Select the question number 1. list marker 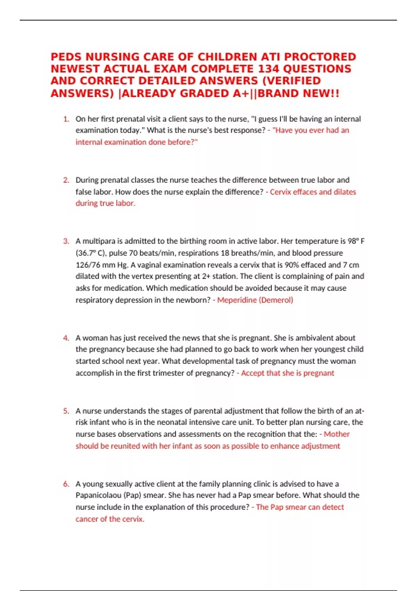click(66, 119)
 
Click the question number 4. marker click(66, 338)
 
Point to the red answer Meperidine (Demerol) click(255, 300)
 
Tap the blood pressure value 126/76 click(88, 265)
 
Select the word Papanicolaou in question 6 click(98, 495)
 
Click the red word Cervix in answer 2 click(280, 192)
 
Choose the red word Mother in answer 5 click(336, 434)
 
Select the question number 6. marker click(66, 484)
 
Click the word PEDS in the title click(66, 57)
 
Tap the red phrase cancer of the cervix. click(109, 519)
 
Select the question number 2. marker click(66, 180)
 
